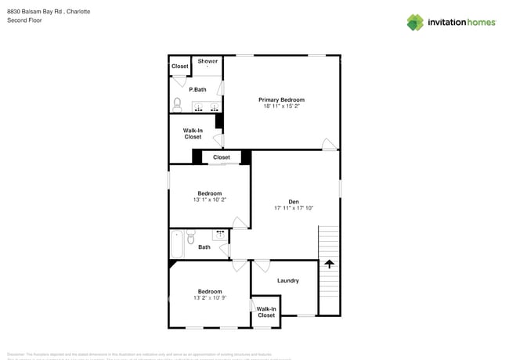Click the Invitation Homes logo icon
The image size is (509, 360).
(x=415, y=22)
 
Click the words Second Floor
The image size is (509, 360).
(x=24, y=20)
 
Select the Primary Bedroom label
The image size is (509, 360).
(x=281, y=100)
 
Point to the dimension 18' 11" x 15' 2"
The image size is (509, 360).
(x=281, y=106)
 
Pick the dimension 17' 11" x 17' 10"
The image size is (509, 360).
(x=294, y=208)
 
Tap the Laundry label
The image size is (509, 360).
(x=287, y=280)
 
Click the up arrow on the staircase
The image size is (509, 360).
(x=329, y=265)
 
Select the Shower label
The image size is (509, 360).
(x=208, y=61)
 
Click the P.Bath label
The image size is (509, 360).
(x=197, y=90)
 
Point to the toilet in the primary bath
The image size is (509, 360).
(x=178, y=103)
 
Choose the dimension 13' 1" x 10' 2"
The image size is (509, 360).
(x=209, y=200)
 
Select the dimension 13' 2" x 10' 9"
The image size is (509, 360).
(x=209, y=298)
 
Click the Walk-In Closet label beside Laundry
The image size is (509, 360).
(x=266, y=312)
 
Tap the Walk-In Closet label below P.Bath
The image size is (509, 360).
(x=193, y=134)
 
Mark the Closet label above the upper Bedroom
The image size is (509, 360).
(x=222, y=157)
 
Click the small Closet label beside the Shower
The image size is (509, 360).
(x=180, y=67)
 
